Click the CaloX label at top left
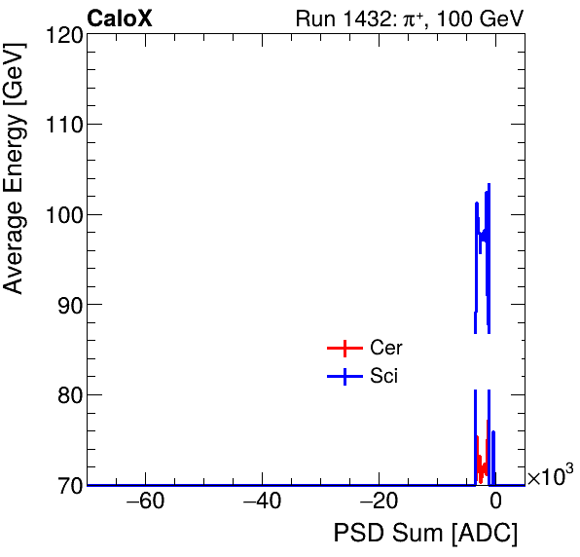119,19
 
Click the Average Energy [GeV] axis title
14,167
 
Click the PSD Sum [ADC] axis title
425,534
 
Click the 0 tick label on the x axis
495,503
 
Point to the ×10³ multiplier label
550,475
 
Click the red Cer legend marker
344,349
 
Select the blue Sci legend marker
344,377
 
